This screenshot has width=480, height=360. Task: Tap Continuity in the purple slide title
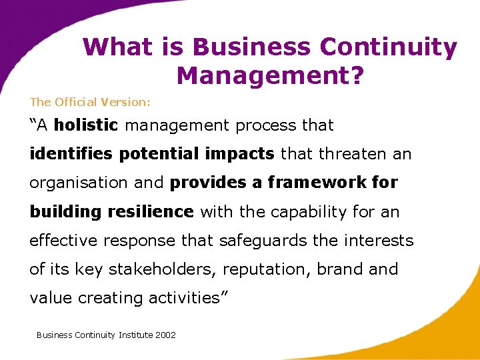coord(389,47)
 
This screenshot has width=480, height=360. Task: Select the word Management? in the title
coord(270,75)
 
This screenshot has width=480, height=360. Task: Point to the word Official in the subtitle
coord(77,102)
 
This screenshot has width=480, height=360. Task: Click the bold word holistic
coord(86,125)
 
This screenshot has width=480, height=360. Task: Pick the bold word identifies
coord(72,154)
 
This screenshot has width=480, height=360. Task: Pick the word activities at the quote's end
coord(187,298)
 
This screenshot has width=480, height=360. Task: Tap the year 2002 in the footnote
coord(165,335)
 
